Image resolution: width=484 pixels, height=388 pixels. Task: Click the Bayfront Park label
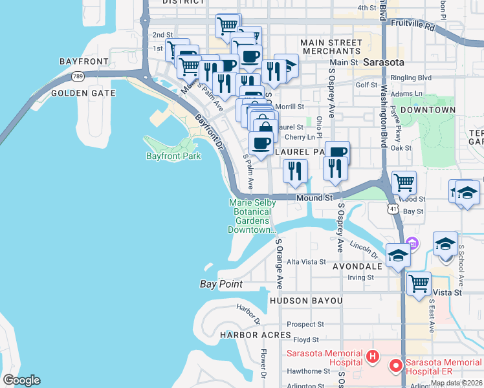[173, 156]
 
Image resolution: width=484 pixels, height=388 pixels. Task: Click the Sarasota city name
[383, 62]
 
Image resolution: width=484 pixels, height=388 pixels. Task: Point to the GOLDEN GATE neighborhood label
[83, 93]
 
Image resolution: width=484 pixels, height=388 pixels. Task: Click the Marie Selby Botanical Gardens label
[252, 216]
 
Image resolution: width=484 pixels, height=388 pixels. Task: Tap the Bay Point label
[221, 284]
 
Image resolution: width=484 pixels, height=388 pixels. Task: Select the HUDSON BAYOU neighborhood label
[306, 301]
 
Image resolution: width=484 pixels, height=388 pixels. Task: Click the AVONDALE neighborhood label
[357, 266]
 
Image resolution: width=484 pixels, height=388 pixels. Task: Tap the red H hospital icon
[372, 356]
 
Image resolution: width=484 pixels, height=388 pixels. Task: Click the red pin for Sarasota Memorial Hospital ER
[395, 366]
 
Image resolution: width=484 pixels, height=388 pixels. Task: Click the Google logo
[21, 380]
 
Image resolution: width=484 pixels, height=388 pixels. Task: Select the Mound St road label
[314, 198]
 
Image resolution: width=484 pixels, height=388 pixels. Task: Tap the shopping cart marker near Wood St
[404, 183]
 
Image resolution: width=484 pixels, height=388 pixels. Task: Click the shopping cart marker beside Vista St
[419, 283]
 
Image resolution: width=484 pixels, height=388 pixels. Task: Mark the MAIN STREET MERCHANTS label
[331, 47]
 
